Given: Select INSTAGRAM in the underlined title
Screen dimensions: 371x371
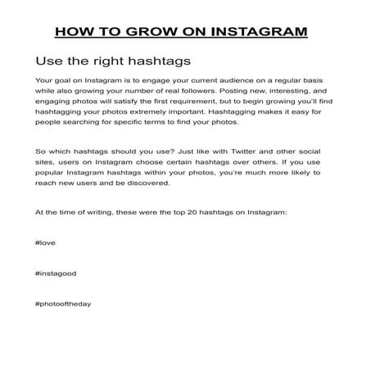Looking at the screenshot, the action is coord(260,32).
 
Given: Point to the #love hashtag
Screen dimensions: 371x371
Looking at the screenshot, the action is coord(47,244).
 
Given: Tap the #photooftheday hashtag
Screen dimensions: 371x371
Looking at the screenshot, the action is coord(63,303).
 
